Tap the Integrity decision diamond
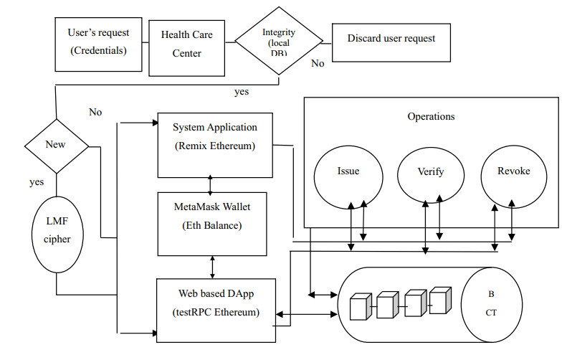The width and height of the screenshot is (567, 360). (x=279, y=42)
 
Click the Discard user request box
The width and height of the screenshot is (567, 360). (x=391, y=40)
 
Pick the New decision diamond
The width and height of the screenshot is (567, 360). (x=56, y=145)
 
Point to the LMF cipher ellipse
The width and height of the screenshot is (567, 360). (x=56, y=230)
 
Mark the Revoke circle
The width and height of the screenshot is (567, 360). (x=513, y=172)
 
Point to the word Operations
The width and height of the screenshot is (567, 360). (x=431, y=116)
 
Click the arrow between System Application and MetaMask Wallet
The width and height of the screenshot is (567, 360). (x=209, y=184)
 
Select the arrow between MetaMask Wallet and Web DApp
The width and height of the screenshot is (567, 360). (x=211, y=267)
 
